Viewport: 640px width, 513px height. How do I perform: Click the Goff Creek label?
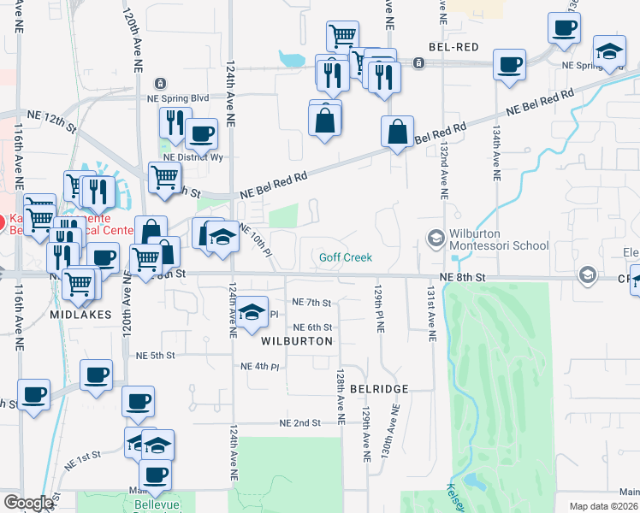[346, 257]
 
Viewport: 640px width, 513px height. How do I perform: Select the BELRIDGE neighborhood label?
[378, 388]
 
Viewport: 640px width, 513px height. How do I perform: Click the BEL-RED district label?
[453, 46]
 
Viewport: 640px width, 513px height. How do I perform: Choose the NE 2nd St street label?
[299, 423]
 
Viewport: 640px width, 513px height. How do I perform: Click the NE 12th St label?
[51, 119]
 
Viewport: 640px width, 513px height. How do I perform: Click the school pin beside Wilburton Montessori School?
[436, 238]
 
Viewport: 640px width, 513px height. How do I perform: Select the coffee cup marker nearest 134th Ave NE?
[509, 65]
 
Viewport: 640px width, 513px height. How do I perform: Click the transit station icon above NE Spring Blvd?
[160, 83]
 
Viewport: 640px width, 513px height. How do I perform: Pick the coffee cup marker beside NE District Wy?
[201, 133]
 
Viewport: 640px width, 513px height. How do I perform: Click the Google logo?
[28, 503]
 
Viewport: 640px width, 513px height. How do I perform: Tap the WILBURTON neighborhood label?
[296, 340]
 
